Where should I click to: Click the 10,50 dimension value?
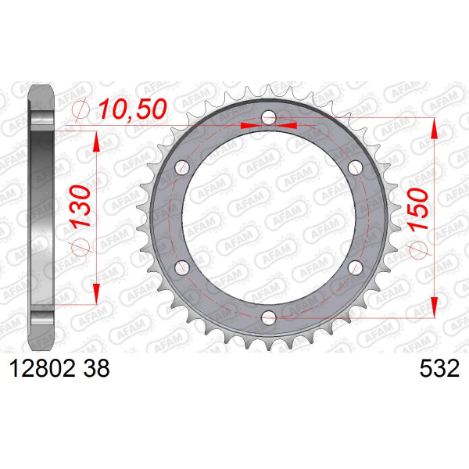[133, 109]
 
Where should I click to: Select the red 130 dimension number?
[80, 207]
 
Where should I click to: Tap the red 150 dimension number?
[418, 209]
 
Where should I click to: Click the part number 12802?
[42, 368]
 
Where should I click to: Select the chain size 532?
[439, 368]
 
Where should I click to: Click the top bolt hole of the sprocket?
[269, 117]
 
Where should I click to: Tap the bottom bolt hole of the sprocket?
[269, 317]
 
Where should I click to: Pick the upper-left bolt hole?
[182, 167]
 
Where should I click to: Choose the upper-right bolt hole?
[356, 167]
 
